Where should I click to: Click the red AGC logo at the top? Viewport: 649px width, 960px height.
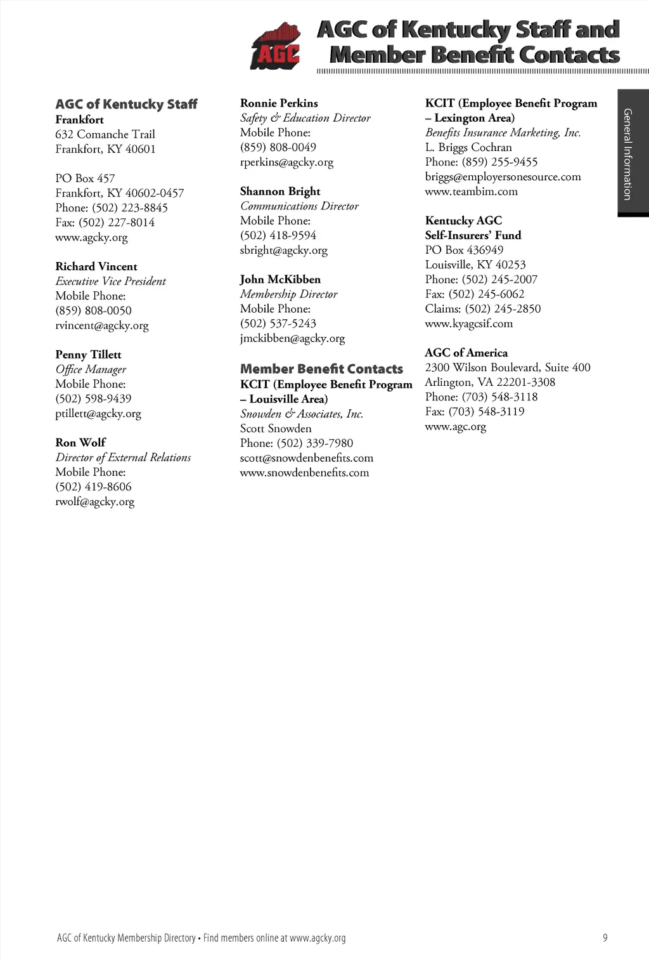pos(275,46)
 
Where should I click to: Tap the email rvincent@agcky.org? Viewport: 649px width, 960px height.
pos(101,325)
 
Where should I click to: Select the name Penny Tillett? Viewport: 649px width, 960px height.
pos(88,355)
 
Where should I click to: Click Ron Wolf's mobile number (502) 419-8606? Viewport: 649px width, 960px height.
pos(93,487)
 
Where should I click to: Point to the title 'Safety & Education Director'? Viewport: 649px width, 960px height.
pos(305,118)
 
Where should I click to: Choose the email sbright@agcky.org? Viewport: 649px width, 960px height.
pos(283,250)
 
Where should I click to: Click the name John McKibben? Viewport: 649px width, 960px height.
pos(280,279)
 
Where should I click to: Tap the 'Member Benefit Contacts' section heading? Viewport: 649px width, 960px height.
pos(321,369)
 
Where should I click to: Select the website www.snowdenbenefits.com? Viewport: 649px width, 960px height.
pos(304,473)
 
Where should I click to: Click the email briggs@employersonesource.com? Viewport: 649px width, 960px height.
pos(503,177)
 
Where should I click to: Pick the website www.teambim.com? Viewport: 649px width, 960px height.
pos(471,192)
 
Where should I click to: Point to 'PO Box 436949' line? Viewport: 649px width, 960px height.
pos(464,250)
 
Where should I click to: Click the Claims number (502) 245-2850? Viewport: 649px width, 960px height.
pos(503,309)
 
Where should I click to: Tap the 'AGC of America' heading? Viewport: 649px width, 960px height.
pos(466,353)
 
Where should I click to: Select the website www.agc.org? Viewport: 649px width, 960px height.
pos(455,426)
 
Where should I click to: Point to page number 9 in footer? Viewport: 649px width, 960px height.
pos(605,938)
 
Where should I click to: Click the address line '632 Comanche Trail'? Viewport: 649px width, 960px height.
pos(105,135)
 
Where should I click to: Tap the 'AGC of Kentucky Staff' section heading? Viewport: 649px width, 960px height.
pos(126,104)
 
